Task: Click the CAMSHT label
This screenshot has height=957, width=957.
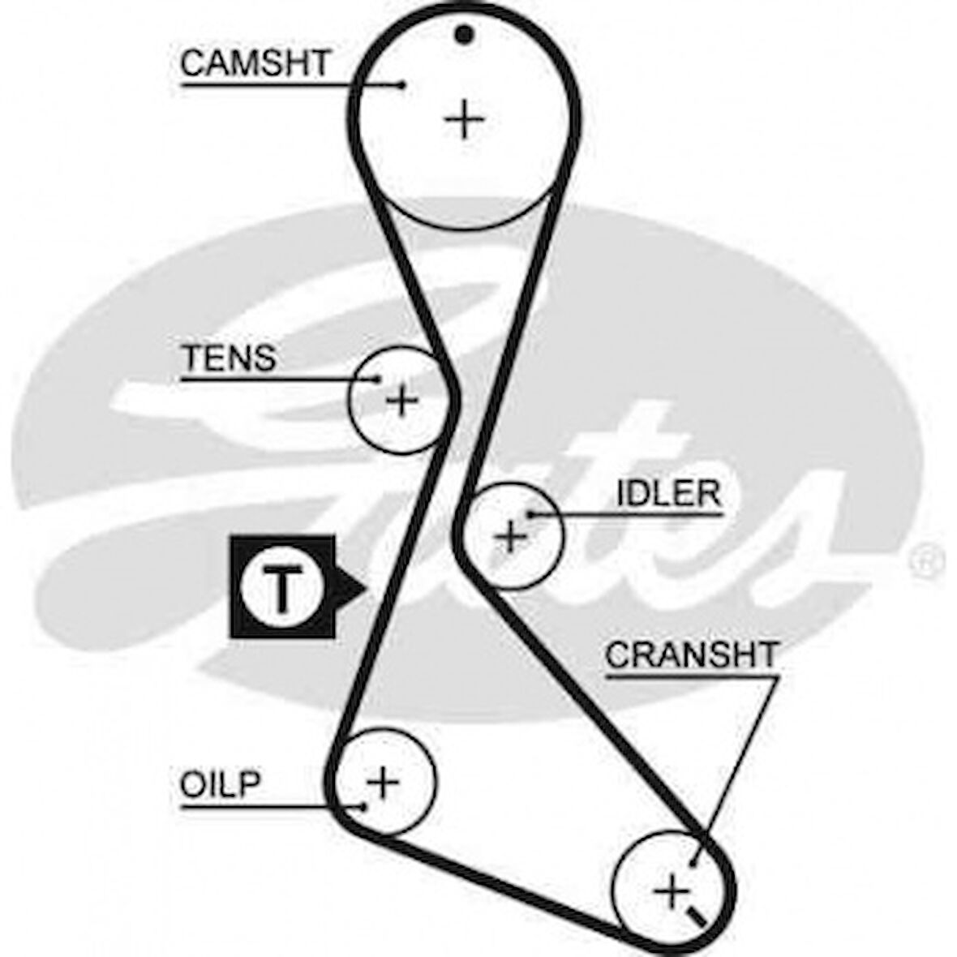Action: point(255,63)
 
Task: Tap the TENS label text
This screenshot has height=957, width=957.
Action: point(230,358)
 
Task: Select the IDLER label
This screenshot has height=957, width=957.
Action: point(668,493)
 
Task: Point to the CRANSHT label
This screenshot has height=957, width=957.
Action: point(691,655)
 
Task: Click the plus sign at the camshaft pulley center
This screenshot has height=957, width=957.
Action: point(465,120)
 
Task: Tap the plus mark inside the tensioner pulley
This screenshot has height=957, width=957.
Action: point(401,400)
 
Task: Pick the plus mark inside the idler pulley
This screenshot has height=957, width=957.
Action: point(511,536)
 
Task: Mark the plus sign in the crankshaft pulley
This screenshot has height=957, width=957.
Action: point(672,892)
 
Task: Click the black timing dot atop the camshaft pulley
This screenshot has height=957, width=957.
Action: point(464,34)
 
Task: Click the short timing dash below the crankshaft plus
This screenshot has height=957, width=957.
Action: point(696,918)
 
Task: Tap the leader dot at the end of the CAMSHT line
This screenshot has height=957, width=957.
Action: point(403,84)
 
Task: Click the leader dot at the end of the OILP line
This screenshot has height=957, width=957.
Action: point(363,806)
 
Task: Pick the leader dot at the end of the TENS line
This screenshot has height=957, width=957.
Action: point(378,379)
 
